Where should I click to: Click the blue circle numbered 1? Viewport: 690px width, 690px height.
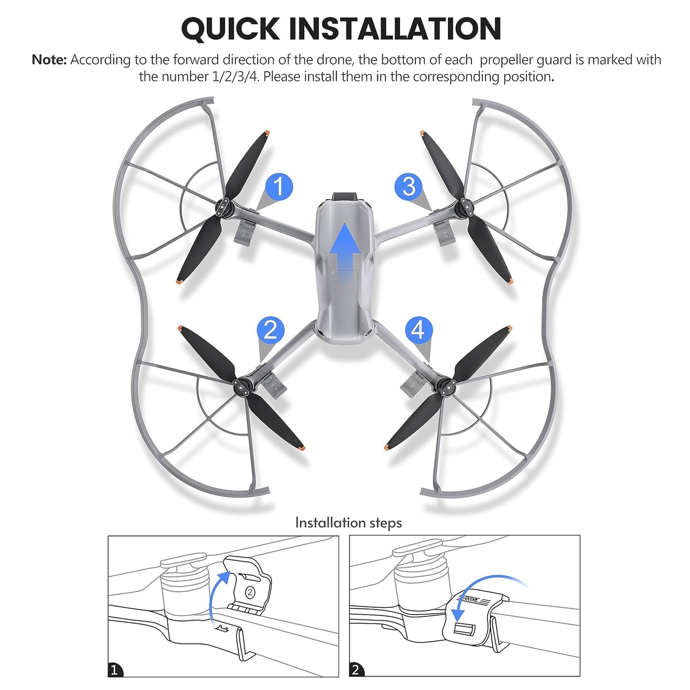coord(279,187)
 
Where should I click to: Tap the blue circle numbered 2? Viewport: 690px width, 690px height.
coord(271,330)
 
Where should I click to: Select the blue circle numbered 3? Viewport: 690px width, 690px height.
coord(409,187)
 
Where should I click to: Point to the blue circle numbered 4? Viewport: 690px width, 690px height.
coord(419,330)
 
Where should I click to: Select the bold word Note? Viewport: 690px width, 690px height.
coord(49,60)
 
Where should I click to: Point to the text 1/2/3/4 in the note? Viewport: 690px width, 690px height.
coord(235,76)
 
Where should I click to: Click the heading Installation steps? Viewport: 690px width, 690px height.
coord(349,523)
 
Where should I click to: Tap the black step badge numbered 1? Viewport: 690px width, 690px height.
coord(115,669)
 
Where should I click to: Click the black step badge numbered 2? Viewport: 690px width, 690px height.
coord(356,669)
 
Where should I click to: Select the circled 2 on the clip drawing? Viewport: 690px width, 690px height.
coord(250,593)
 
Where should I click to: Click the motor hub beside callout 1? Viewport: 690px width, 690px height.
coord(224,208)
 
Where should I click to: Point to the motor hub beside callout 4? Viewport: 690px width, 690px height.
coord(446,386)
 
